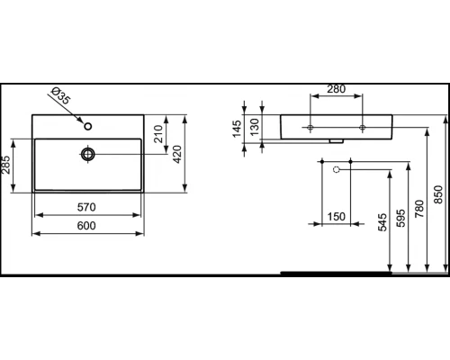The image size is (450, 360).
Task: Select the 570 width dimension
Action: coord(88,206)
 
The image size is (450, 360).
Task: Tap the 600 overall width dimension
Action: coord(88,225)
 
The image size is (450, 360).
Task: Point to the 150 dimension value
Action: coord(336,216)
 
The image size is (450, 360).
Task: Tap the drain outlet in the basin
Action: coord(87,154)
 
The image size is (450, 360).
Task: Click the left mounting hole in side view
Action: coord(310,127)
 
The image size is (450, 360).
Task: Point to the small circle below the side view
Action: coord(335,168)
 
